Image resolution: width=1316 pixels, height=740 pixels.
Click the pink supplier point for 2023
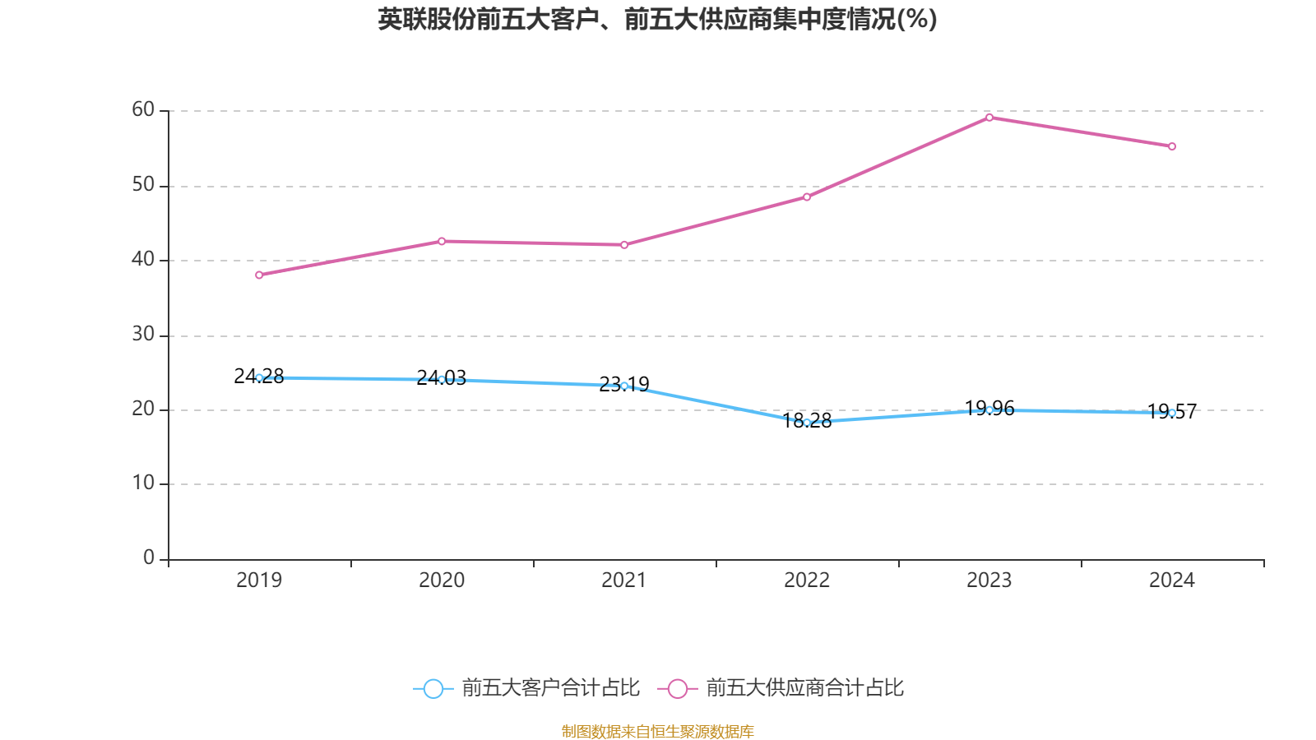pos(989,118)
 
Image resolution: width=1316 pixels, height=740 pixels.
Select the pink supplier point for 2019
pos(259,275)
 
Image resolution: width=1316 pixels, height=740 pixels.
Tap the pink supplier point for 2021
pos(624,245)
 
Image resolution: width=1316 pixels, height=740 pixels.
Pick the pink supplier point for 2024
pos(1172,146)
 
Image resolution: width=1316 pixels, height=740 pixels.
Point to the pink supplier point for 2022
pos(807,197)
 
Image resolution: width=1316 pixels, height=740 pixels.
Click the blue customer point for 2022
pos(807,423)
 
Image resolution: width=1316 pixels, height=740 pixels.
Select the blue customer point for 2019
pos(259,377)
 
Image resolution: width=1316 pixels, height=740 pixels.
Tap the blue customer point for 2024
pos(1172,413)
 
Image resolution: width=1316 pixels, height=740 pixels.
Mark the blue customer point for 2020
pos(442,380)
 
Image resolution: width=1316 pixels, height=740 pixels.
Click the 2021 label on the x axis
pos(624,580)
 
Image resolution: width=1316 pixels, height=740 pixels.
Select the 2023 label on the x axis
pos(989,580)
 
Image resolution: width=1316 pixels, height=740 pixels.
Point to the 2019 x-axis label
pos(259,580)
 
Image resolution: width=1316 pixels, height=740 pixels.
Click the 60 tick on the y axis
pos(143,110)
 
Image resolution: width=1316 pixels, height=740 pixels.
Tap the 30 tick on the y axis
pos(143,335)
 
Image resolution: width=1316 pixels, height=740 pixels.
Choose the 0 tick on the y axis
pos(149,558)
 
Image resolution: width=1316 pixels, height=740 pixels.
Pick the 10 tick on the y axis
pos(143,483)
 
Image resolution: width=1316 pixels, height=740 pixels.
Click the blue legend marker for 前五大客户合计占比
pos(433,688)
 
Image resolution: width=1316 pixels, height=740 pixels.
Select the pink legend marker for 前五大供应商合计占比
pos(678,688)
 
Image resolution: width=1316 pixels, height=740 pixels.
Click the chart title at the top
pos(657,19)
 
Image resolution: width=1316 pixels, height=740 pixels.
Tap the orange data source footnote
pos(657,731)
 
